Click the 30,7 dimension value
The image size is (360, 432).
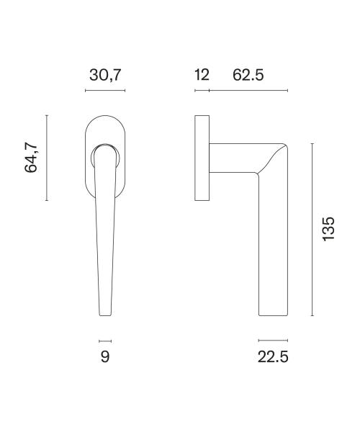pyautogui.click(x=105, y=75)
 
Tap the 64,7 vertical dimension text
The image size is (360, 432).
pyautogui.click(x=31, y=158)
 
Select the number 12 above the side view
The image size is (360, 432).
pyautogui.click(x=202, y=75)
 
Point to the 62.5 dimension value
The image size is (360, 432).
pyautogui.click(x=248, y=75)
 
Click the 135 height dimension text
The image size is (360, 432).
pyautogui.click(x=328, y=229)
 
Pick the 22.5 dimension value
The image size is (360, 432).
pyautogui.click(x=273, y=357)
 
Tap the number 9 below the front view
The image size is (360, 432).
pyautogui.click(x=105, y=357)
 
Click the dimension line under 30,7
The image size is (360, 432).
pyautogui.click(x=105, y=91)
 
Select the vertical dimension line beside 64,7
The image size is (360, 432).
pyautogui.click(x=47, y=158)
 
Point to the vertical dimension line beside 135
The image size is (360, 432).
pyautogui.click(x=312, y=230)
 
